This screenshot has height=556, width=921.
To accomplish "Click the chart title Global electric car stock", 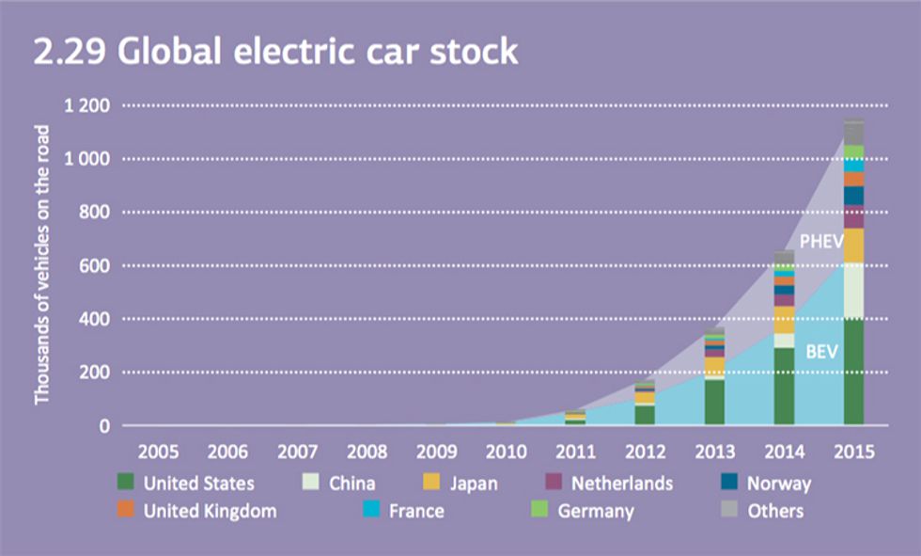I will click(274, 52).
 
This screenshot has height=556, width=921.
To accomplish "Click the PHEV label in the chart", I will click(820, 242).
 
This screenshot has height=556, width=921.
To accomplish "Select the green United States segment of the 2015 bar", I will click(853, 373).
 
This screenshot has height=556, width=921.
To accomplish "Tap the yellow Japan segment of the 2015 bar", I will click(853, 246).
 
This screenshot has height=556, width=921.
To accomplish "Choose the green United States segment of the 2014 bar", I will click(784, 387).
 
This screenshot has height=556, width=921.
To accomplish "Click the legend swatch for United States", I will click(126, 484).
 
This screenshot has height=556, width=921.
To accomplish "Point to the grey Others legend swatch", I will click(729, 511).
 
